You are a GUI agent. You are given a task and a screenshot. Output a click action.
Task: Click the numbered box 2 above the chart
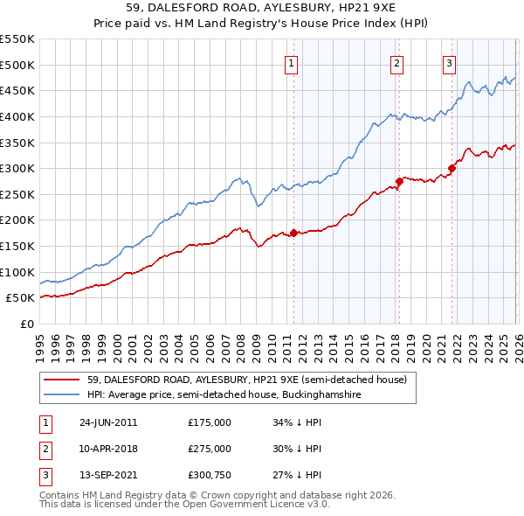[x=396, y=62]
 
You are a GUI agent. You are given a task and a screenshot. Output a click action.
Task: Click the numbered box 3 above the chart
[x=449, y=62]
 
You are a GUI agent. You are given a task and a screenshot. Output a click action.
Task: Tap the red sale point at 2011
[x=293, y=233]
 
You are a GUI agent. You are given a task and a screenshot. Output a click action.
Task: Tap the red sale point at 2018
[x=399, y=181]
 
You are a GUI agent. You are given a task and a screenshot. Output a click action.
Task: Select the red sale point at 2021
[x=452, y=168]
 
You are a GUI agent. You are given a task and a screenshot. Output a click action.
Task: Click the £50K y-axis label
[x=20, y=298]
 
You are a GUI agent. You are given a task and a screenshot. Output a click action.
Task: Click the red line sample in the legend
[x=61, y=380]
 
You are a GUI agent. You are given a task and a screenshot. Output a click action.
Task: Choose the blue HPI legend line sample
[x=61, y=395]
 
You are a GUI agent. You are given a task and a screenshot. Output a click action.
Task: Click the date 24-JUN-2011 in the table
[x=108, y=422]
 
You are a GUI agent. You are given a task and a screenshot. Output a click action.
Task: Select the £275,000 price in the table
[x=210, y=449]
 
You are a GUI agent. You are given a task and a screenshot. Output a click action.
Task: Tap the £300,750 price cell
[x=210, y=475]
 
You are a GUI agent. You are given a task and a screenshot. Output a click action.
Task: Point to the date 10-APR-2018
[x=108, y=449]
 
